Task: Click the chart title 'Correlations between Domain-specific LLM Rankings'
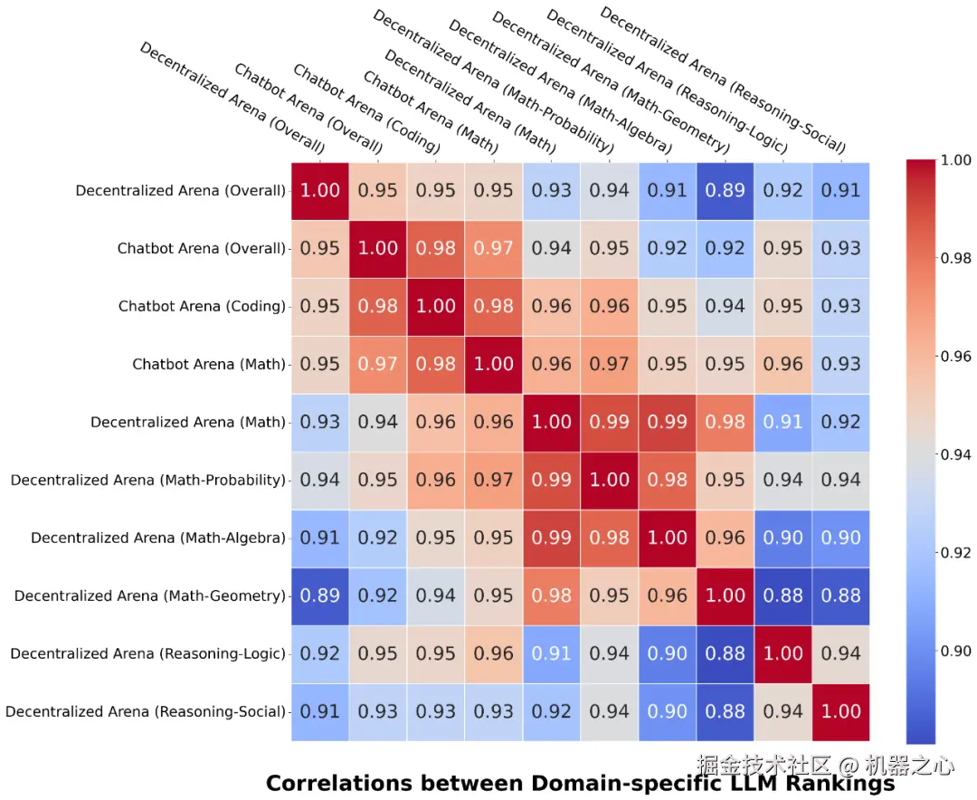point(579,784)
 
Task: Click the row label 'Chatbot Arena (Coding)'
point(202,306)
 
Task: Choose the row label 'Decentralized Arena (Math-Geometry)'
point(149,595)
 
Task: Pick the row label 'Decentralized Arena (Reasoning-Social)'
point(145,711)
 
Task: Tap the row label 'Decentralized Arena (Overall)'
point(180,190)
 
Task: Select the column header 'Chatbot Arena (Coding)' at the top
point(366,110)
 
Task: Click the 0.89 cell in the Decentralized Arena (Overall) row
point(726,190)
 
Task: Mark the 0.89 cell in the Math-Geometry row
point(320,595)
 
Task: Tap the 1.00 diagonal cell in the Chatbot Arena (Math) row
point(494,364)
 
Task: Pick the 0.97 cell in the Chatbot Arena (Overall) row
point(494,248)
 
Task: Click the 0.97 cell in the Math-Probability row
point(494,480)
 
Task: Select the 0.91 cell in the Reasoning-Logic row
point(552,653)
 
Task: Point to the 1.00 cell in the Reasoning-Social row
point(841,711)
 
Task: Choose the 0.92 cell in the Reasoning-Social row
point(552,711)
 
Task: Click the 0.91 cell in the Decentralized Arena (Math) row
point(783,422)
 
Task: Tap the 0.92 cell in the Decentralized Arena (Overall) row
point(783,190)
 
